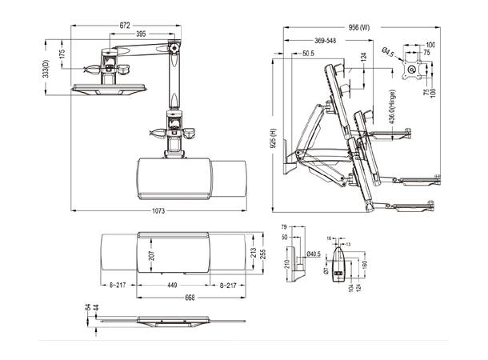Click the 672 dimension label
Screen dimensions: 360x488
(x=125, y=26)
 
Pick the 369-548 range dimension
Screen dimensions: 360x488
(x=325, y=40)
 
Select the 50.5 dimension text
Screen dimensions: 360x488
(x=309, y=54)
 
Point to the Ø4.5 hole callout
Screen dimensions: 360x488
(x=386, y=53)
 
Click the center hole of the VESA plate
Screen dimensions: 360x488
(x=414, y=70)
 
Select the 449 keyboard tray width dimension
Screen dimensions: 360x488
(x=172, y=284)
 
